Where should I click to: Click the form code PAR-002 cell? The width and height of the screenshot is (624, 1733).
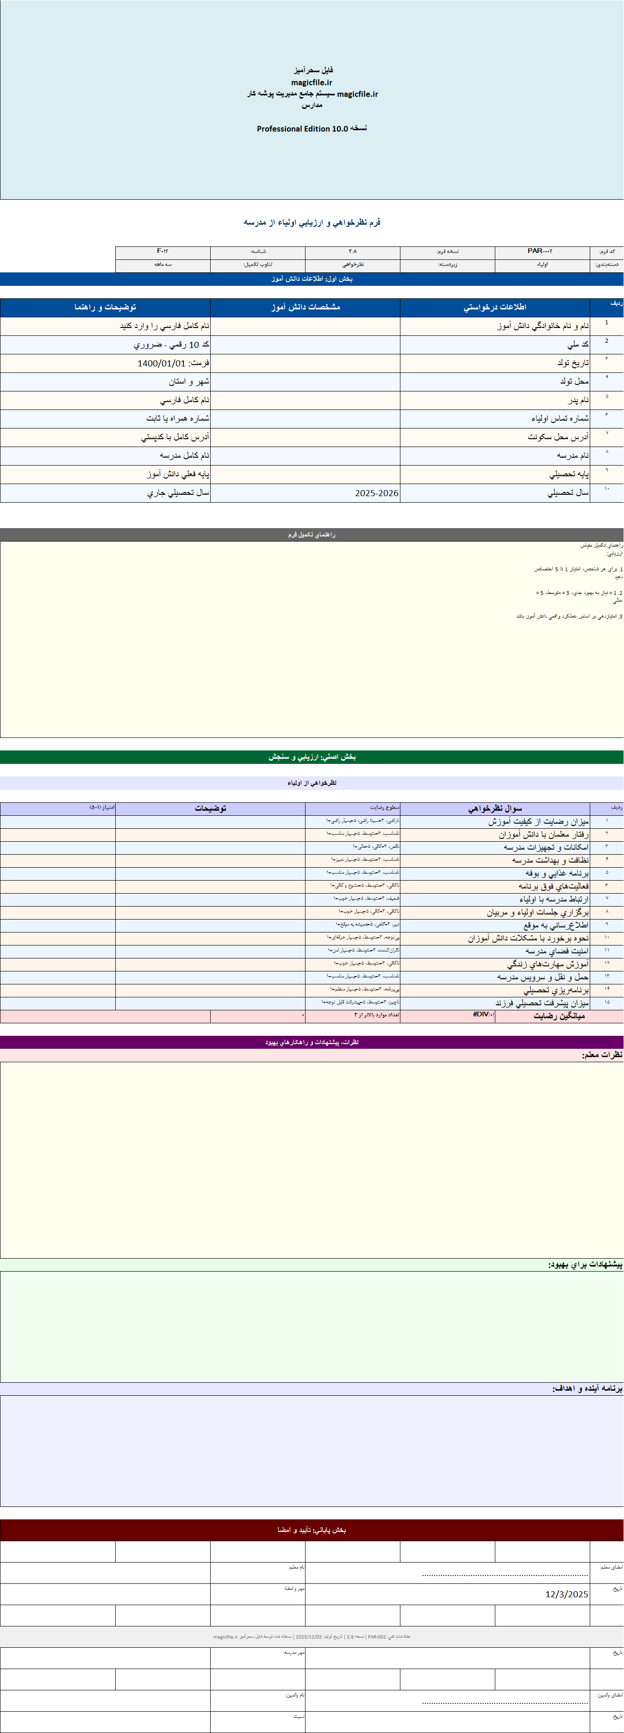tap(540, 251)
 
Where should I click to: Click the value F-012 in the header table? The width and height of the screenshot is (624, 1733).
tap(163, 251)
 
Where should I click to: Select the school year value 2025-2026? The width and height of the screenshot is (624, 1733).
tap(376, 493)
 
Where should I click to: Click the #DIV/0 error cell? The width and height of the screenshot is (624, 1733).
tap(483, 1015)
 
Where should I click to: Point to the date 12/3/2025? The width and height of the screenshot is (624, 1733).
tap(566, 1594)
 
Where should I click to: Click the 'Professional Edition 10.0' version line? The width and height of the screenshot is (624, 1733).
tap(312, 128)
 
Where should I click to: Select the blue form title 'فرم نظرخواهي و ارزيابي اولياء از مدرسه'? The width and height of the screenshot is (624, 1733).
tap(312, 222)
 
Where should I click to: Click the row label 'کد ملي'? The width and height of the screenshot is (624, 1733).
tap(578, 345)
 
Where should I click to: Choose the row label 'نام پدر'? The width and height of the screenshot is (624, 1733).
tap(578, 400)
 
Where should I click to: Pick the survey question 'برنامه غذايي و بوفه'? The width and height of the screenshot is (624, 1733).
tap(557, 873)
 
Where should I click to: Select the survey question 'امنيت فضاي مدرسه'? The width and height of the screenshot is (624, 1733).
tap(557, 951)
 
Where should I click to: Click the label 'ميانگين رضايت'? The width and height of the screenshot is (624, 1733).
tap(559, 1016)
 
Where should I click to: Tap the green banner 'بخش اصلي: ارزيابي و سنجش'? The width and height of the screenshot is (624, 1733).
tap(312, 757)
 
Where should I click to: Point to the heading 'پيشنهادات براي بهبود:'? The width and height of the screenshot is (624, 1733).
tap(585, 1265)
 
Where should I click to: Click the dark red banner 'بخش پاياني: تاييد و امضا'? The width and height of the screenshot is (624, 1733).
tap(312, 1530)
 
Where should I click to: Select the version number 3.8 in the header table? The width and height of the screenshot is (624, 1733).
tap(352, 251)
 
